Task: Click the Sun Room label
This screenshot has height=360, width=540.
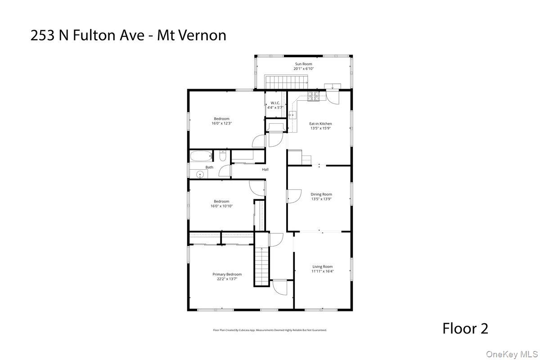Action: pos(303,64)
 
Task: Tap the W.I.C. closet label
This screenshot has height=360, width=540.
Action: pos(275,103)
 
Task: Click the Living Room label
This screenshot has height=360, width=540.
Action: pos(323,266)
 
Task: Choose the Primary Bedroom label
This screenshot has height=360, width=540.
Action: pos(227,274)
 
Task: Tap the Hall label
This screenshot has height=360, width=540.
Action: pos(265,169)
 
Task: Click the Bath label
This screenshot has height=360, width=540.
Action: pos(209,167)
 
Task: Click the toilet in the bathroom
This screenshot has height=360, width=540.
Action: pos(223,156)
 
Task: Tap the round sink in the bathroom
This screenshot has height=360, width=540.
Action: pos(200,175)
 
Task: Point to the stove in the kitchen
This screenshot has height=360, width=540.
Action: pos(314,95)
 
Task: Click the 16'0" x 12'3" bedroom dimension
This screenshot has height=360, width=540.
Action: pos(221,123)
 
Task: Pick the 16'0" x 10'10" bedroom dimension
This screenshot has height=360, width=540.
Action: pos(221,206)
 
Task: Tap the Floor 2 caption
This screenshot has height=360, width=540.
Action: pos(465,328)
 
